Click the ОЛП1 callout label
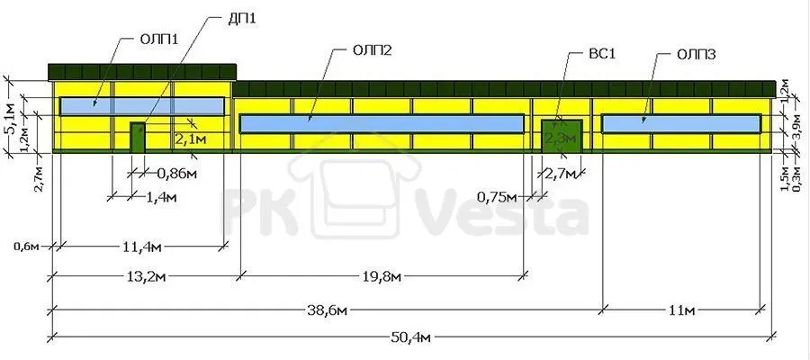pyautogui.click(x=158, y=40)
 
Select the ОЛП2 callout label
pyautogui.click(x=373, y=50)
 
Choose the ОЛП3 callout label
pyautogui.click(x=696, y=55)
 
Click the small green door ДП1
pyautogui.click(x=137, y=137)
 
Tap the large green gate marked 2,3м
pyautogui.click(x=562, y=136)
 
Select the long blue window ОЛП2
pyautogui.click(x=382, y=124)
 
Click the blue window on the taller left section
pyautogui.click(x=142, y=106)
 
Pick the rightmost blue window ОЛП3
pyautogui.click(x=681, y=124)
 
